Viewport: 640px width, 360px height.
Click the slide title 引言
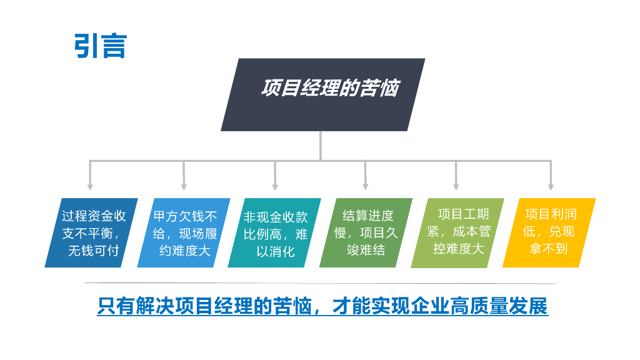pyautogui.click(x=101, y=46)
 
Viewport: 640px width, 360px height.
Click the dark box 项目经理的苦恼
pyautogui.click(x=323, y=94)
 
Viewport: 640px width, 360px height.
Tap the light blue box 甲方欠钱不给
pyautogui.click(x=184, y=233)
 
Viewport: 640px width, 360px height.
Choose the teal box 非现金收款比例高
pyautogui.click(x=274, y=233)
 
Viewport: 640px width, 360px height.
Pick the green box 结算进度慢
pyautogui.click(x=366, y=233)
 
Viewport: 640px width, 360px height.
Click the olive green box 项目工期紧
pyautogui.click(x=457, y=233)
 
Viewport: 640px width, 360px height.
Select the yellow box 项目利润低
pyautogui.click(x=549, y=233)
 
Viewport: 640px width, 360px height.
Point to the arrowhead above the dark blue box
pyautogui.click(x=91, y=186)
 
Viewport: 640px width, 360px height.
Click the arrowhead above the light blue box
pyautogui.click(x=184, y=186)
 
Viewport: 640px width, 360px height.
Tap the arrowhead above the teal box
pyautogui.click(x=275, y=186)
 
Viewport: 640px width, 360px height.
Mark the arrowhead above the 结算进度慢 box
pyautogui.click(x=366, y=186)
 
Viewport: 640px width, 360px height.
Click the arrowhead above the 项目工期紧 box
pyautogui.click(x=456, y=186)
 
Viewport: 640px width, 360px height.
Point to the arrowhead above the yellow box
pyautogui.click(x=551, y=186)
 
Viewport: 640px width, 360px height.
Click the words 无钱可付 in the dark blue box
pyautogui.click(x=93, y=251)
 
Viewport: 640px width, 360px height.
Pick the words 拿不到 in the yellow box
pyautogui.click(x=549, y=249)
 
